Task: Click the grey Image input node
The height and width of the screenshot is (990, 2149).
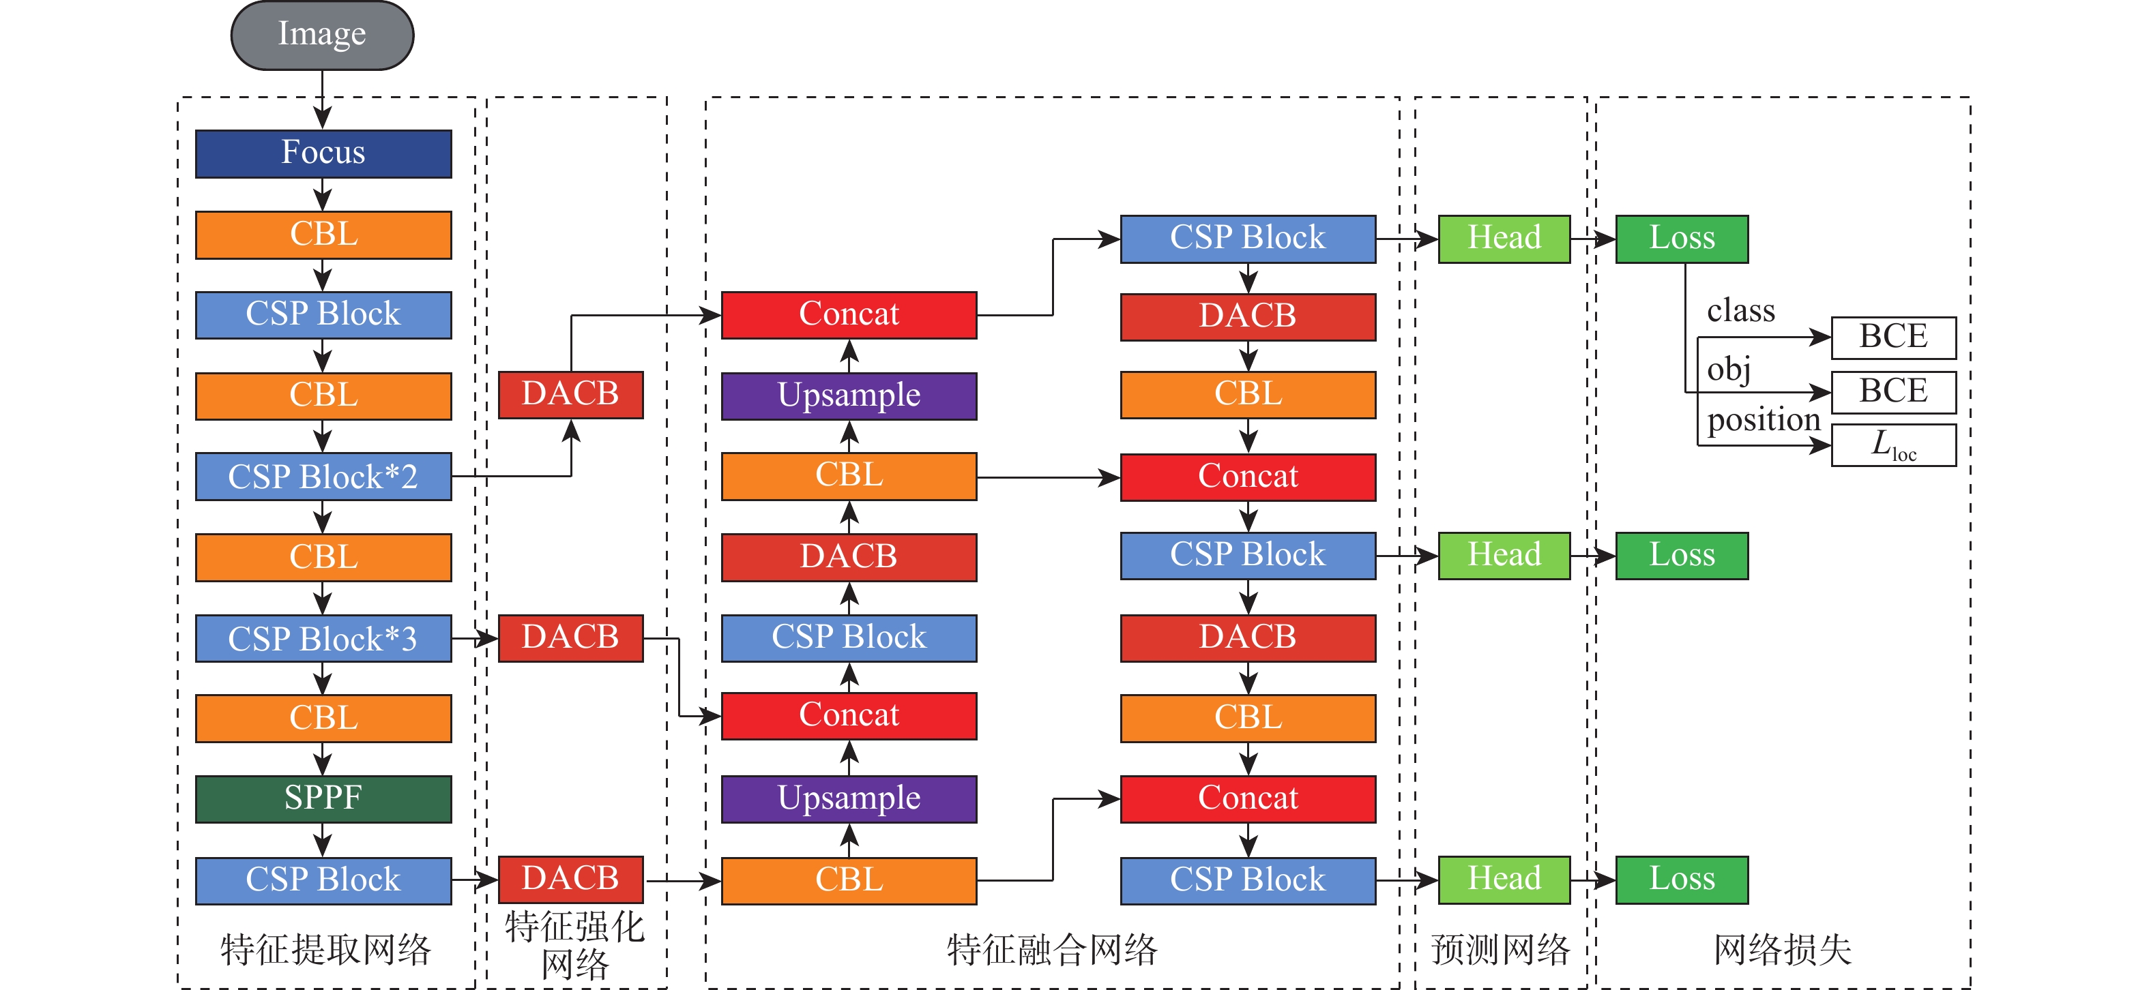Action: (322, 35)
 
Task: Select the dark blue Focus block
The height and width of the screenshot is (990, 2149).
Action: (323, 153)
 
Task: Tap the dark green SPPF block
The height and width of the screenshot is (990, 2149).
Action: (323, 799)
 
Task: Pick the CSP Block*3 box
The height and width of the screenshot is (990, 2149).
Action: (323, 639)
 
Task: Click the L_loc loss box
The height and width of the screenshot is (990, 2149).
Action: (1893, 445)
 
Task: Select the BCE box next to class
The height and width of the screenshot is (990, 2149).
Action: (1893, 337)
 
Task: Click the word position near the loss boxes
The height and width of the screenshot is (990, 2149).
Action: (1763, 419)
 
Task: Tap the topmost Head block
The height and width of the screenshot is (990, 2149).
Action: (1504, 239)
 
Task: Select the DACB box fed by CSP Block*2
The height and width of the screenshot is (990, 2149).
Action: (570, 395)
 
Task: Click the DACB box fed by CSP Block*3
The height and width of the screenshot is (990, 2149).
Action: (570, 638)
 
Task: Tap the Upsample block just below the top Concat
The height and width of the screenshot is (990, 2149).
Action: (849, 395)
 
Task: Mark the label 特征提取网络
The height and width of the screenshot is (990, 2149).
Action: (325, 950)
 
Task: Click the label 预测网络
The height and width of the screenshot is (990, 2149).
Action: (1501, 950)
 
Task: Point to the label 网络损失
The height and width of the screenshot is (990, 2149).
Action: (1783, 950)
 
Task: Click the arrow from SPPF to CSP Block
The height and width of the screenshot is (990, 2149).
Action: (323, 840)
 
